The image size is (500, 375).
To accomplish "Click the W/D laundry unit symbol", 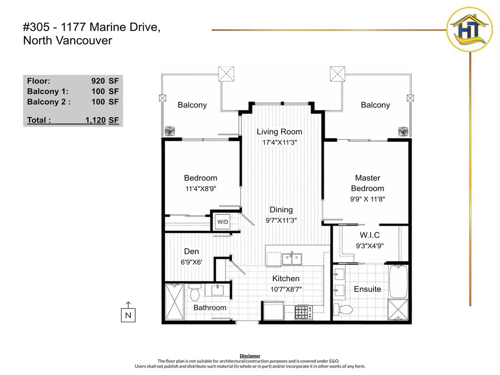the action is [x=223, y=222].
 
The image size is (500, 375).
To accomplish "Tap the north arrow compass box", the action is [x=128, y=315].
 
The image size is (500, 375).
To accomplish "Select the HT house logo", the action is [x=470, y=29].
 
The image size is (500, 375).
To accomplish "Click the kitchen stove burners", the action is [x=303, y=312].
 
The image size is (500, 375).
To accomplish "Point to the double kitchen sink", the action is [x=292, y=259].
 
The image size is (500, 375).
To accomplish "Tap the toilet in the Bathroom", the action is [x=194, y=292].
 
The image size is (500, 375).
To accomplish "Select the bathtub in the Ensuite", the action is [x=398, y=281].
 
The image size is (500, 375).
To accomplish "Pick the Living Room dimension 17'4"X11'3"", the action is [x=280, y=142].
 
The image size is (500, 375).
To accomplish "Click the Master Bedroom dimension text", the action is [x=368, y=199].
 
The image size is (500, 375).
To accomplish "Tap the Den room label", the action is [x=191, y=251].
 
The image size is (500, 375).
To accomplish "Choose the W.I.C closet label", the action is [x=370, y=235].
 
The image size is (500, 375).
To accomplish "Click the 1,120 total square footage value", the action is [x=95, y=120].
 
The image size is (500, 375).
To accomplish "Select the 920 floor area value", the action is [x=98, y=81].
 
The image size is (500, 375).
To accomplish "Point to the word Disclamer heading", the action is [x=250, y=356].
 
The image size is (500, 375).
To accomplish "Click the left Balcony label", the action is [x=192, y=105].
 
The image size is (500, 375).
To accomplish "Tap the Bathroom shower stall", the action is [x=175, y=302].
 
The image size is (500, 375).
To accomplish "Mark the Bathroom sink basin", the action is [x=218, y=290].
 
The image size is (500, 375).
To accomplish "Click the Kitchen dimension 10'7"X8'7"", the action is [x=286, y=289].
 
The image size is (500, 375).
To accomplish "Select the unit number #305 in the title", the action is [x=36, y=27].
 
